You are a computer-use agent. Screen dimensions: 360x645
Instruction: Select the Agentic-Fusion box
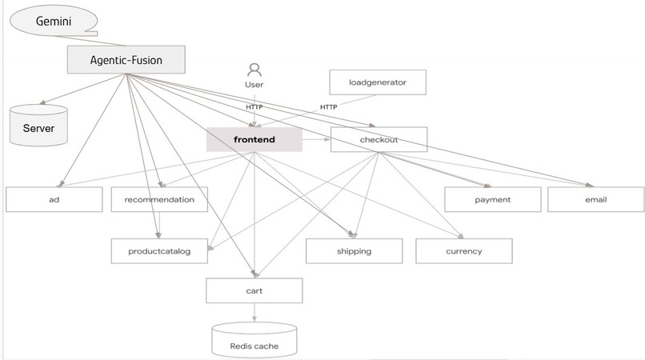[x=126, y=59]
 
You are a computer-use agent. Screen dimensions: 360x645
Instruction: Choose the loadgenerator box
[x=378, y=82]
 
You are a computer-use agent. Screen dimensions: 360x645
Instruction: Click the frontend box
[x=254, y=139]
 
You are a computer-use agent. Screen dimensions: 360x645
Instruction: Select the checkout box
[x=379, y=139]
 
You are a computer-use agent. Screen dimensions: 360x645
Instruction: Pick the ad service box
[x=54, y=199]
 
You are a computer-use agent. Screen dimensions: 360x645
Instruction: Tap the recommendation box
[x=159, y=199]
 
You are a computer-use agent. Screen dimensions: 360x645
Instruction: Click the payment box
[x=492, y=199]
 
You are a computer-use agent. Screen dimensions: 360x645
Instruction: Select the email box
[x=595, y=199]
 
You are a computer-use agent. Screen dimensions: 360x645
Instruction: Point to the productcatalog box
[x=159, y=250]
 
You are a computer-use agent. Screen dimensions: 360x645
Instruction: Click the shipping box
[x=354, y=250]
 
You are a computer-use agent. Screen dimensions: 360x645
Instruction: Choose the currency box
[x=463, y=250]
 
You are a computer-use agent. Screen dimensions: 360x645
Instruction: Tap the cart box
[x=254, y=290]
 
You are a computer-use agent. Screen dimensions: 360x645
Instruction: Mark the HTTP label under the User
[x=254, y=107]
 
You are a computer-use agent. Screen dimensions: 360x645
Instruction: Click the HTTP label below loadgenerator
[x=328, y=107]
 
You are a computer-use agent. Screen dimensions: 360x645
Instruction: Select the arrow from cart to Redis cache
[x=254, y=314]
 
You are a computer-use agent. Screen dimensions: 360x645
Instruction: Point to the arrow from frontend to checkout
[x=316, y=139]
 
